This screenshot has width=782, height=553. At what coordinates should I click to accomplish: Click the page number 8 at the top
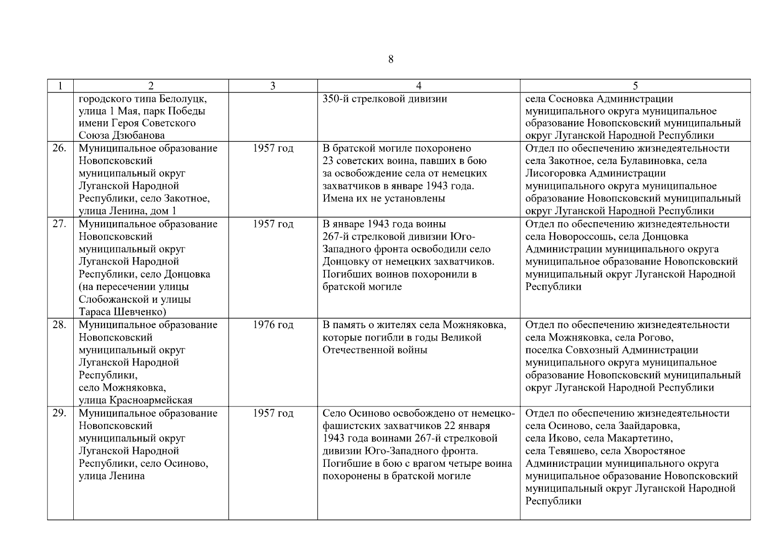[x=391, y=59]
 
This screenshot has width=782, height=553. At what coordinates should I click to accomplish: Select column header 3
[x=273, y=86]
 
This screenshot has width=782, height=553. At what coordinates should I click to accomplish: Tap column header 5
[x=635, y=86]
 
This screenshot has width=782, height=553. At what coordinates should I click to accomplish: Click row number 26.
[x=59, y=148]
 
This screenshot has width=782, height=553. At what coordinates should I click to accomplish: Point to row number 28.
[x=59, y=325]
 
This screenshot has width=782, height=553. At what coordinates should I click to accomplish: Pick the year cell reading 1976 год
[x=273, y=325]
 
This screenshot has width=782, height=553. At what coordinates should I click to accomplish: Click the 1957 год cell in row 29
[x=273, y=413]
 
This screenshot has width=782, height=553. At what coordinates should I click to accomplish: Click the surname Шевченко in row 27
[x=138, y=312]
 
